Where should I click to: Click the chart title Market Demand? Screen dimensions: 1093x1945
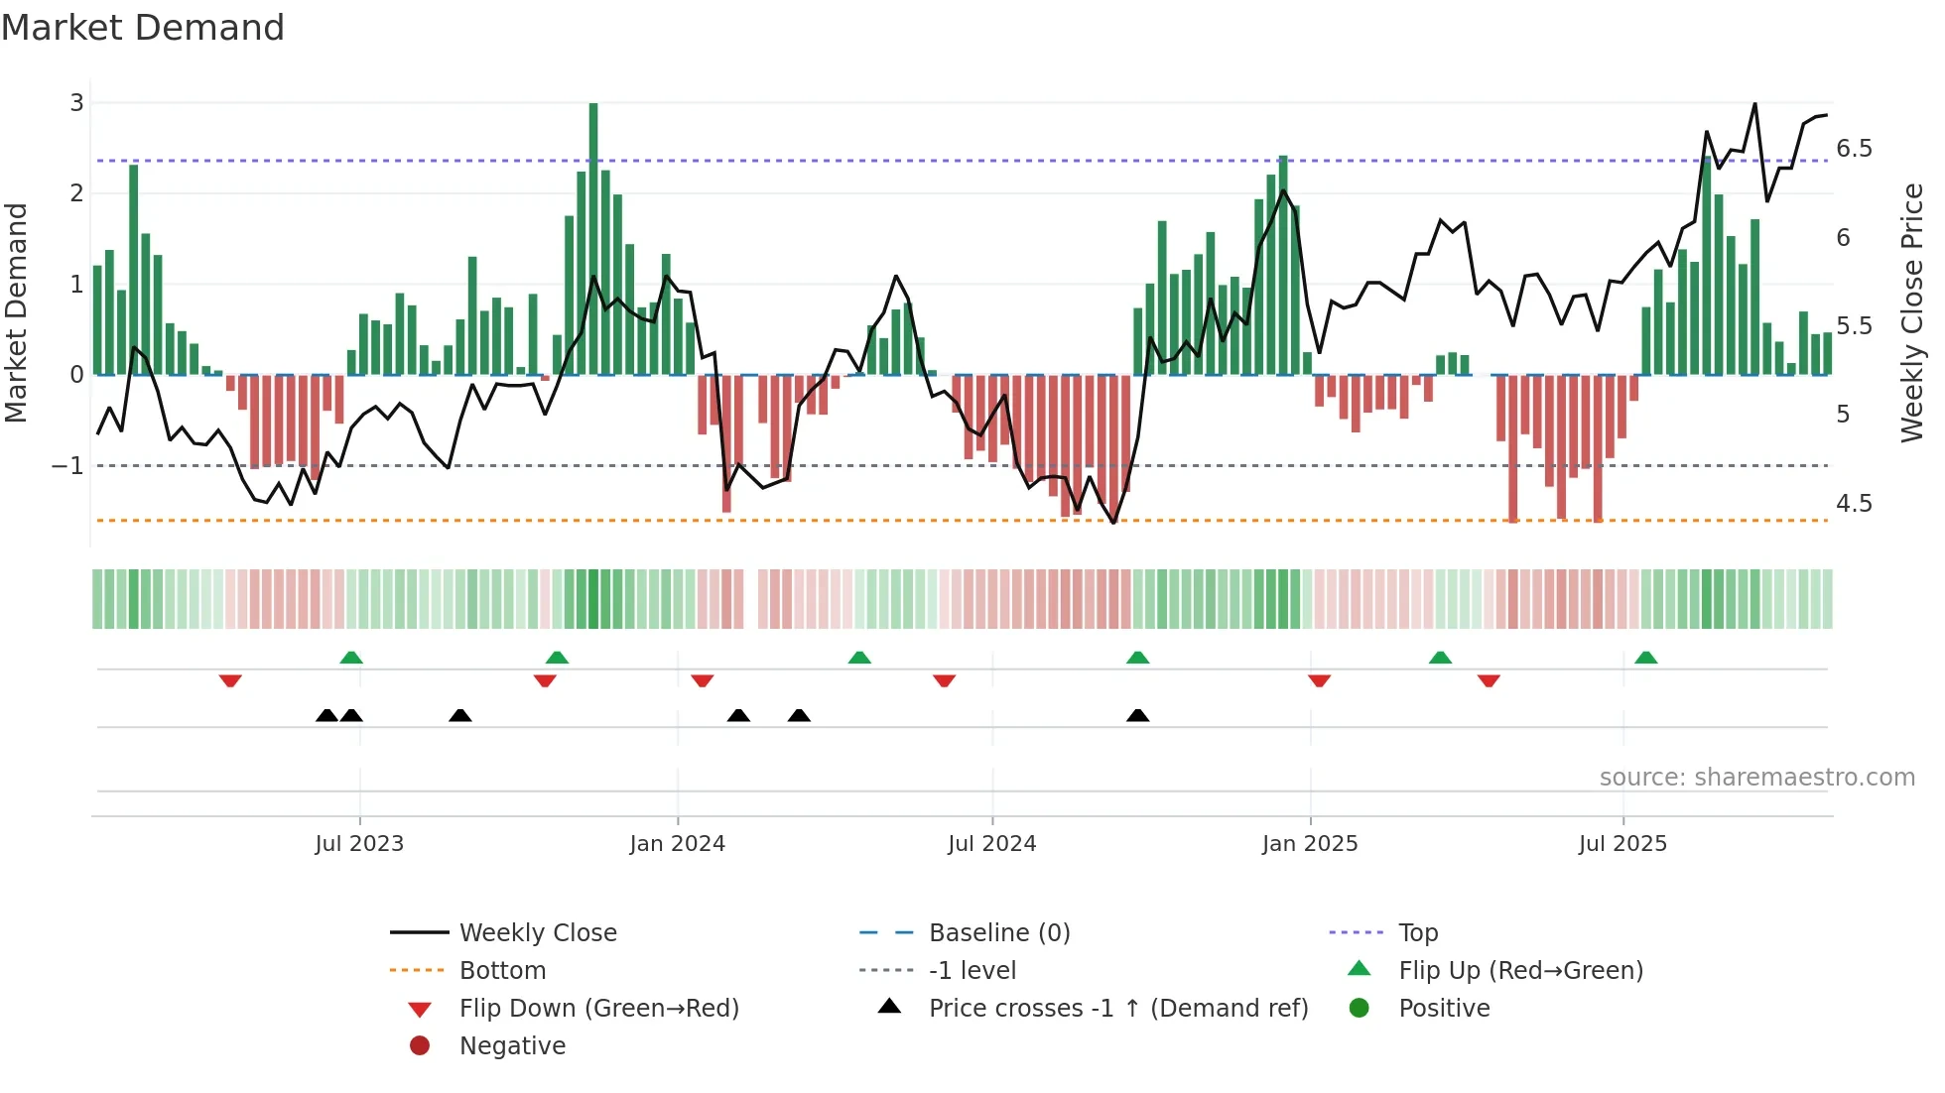[143, 28]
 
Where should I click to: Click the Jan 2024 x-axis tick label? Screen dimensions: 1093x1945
[677, 844]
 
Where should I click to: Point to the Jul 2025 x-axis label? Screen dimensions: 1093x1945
[1622, 844]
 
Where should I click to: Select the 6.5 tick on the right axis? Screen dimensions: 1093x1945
[1854, 149]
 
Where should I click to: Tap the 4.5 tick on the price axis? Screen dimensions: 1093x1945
[1854, 504]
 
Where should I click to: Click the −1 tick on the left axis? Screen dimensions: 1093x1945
[67, 465]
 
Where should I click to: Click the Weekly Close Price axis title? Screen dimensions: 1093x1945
[1911, 312]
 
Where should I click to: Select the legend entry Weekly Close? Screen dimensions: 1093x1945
[537, 933]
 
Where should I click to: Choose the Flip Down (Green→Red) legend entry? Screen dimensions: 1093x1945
[598, 1009]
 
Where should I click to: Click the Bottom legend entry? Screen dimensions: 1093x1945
[502, 971]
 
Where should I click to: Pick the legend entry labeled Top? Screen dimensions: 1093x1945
[1418, 933]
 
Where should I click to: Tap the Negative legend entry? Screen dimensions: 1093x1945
[512, 1046]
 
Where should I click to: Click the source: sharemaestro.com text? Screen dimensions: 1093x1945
[1756, 778]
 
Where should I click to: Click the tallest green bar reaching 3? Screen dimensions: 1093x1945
[593, 238]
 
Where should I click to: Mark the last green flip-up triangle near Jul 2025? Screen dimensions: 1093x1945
[1645, 658]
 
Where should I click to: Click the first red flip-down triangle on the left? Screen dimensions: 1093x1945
[230, 680]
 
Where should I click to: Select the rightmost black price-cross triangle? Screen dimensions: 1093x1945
[1138, 715]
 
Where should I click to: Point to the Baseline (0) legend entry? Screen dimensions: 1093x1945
[999, 933]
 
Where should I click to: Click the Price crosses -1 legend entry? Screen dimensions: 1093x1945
[1118, 1009]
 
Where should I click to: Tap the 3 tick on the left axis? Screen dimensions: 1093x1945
[76, 103]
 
